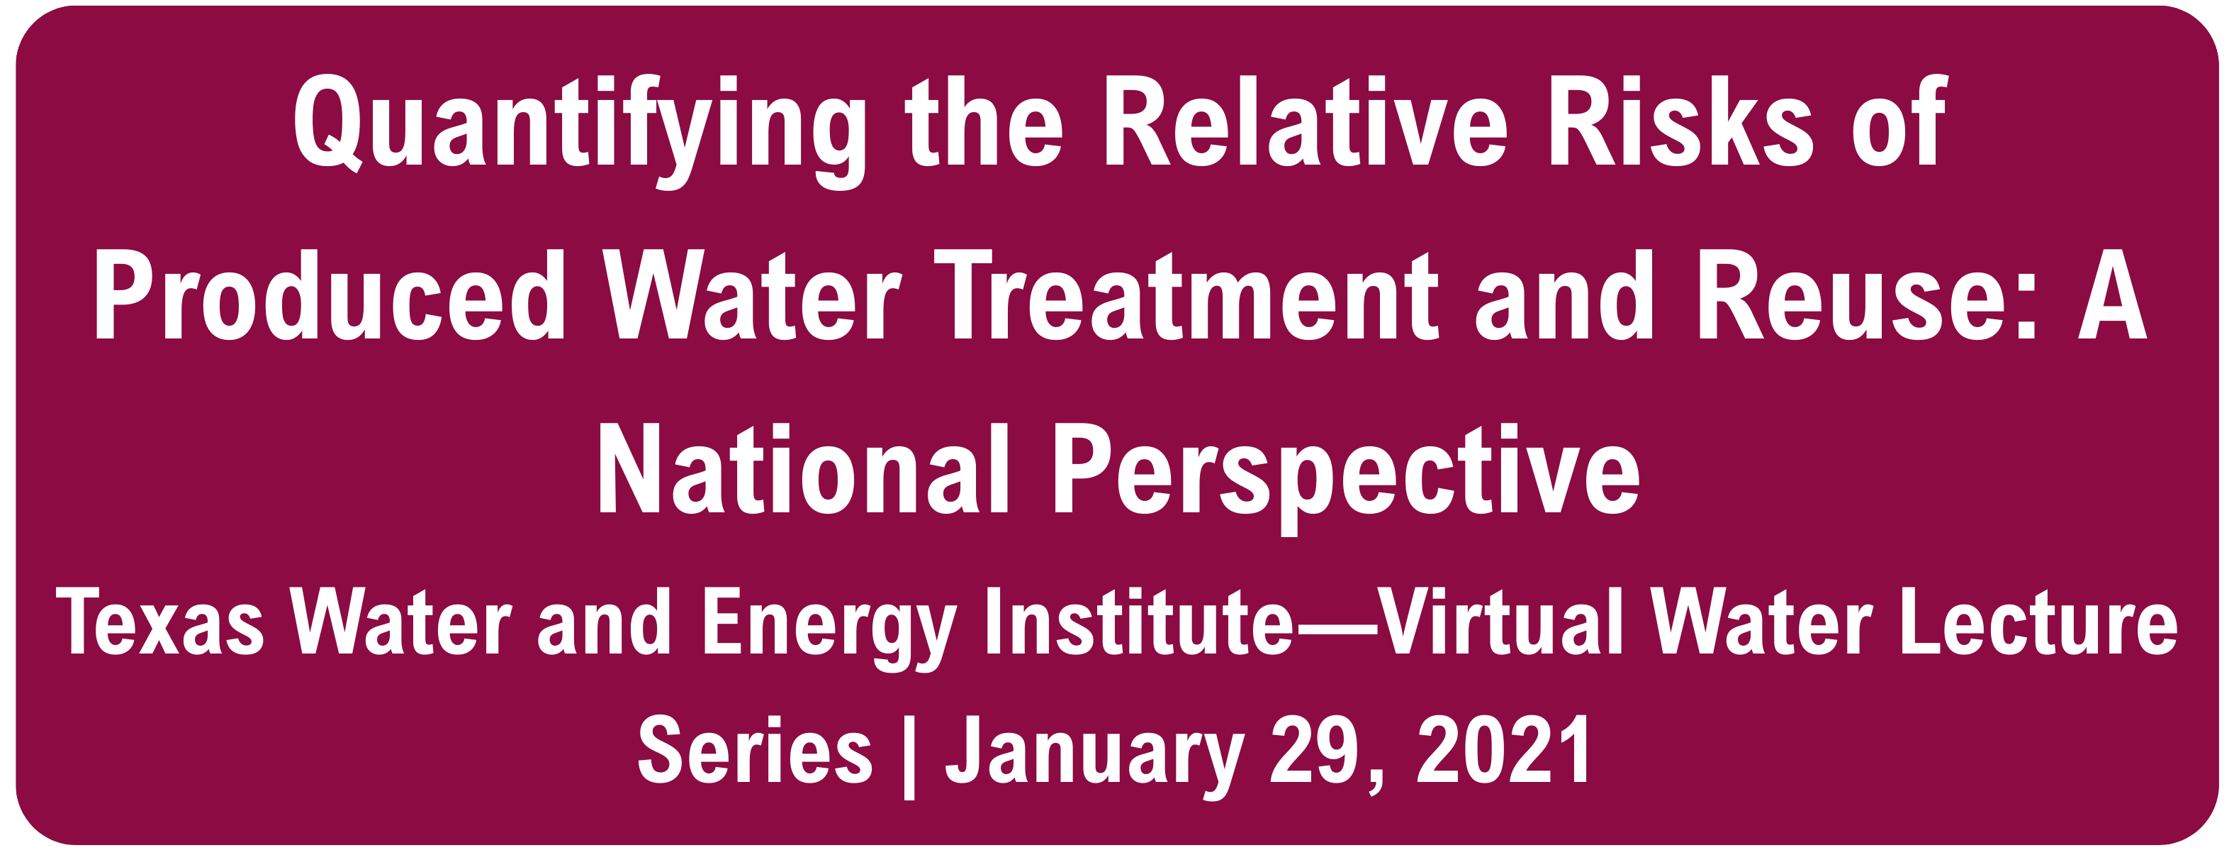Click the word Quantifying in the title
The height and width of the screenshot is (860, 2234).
coord(579,130)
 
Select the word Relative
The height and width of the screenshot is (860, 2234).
coord(1306,121)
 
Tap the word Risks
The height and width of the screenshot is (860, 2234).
coord(1680,121)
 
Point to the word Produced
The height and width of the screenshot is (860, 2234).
coord(330,295)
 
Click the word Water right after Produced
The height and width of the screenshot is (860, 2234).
coord(753,295)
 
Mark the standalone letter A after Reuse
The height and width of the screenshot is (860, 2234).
coord(2111,295)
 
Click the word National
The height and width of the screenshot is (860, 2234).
coord(804,468)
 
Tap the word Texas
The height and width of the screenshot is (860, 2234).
coord(160,620)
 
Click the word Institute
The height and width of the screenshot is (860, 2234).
coord(1140,620)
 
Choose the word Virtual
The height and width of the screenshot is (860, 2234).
coord(1500,620)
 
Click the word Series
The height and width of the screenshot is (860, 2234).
coord(755,750)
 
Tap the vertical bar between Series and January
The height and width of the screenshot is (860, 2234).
coord(909,756)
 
